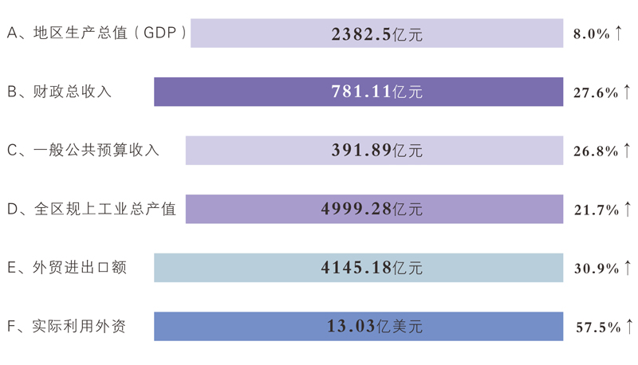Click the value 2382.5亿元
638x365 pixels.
376,34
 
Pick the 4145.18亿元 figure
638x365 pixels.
372,268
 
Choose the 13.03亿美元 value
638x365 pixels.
374,326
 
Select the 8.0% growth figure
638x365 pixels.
592,34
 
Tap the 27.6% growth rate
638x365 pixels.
596,92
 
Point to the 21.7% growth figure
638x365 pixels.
596,210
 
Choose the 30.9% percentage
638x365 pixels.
596,269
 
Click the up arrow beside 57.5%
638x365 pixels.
630,326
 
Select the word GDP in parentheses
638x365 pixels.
161,33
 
